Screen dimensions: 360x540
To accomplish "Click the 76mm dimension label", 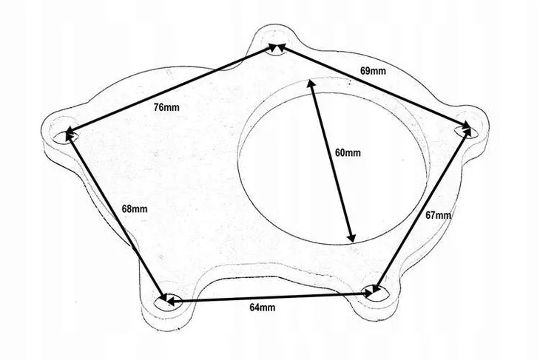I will [x=166, y=107].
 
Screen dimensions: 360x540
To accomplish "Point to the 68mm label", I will [x=135, y=209].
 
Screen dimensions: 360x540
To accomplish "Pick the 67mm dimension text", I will [x=439, y=215].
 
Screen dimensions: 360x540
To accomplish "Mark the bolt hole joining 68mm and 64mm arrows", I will [x=168, y=301].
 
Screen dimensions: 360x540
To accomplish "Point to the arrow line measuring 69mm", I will [x=372, y=89].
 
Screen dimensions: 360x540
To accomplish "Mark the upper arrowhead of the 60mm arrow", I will [x=311, y=87].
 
